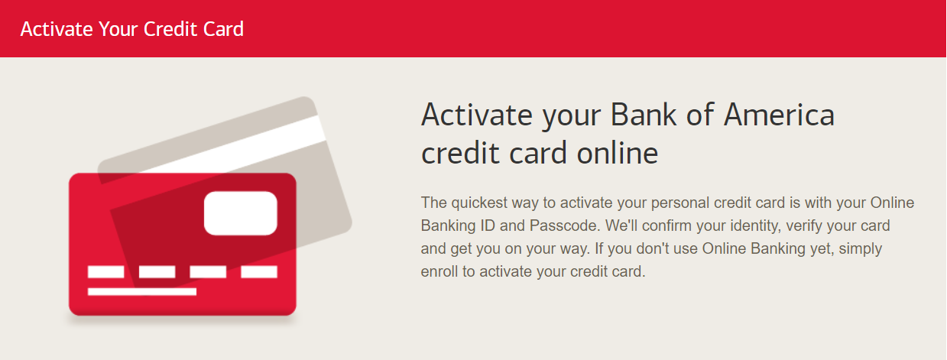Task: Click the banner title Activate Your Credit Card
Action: [132, 29]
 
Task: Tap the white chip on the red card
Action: [241, 213]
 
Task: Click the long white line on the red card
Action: [142, 291]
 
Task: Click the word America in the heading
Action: [779, 115]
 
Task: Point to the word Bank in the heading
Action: [644, 114]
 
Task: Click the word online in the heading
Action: [618, 153]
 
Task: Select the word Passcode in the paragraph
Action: [564, 225]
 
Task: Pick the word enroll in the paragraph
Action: [439, 271]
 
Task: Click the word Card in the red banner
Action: [223, 29]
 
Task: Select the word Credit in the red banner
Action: [170, 29]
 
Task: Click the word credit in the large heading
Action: [460, 153]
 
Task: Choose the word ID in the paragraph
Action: [487, 225]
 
